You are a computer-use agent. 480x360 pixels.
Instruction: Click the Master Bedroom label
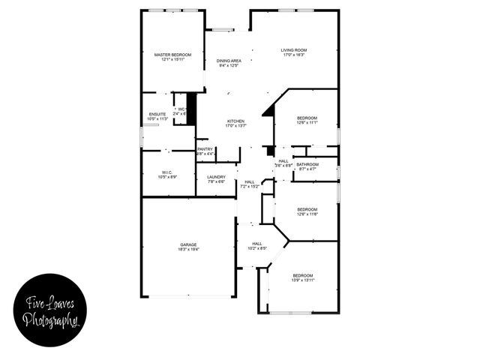tap(172, 55)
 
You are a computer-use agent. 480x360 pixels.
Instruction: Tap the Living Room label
tap(294, 50)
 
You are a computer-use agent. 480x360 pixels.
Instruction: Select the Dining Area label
tap(229, 60)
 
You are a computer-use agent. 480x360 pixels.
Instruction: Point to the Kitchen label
tap(236, 121)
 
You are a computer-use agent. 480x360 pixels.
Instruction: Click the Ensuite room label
tap(157, 114)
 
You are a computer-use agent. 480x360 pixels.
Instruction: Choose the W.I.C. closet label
tap(167, 172)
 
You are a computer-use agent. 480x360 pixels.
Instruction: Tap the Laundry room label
tap(216, 177)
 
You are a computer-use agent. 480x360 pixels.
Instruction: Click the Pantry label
tap(205, 148)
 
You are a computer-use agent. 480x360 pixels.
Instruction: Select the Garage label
tap(187, 244)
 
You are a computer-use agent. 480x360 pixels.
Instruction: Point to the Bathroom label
tap(307, 164)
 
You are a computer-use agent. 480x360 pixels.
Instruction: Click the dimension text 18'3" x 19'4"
tap(187, 250)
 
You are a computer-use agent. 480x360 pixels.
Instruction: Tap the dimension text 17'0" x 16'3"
tap(294, 55)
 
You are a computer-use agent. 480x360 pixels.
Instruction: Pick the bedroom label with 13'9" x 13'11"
tap(303, 274)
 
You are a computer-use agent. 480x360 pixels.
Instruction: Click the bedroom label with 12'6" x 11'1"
tap(307, 118)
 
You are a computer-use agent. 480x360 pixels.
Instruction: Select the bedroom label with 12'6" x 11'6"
tap(307, 209)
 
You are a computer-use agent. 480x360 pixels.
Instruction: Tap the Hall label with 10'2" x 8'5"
tap(257, 244)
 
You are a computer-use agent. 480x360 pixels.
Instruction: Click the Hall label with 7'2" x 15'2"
tap(249, 181)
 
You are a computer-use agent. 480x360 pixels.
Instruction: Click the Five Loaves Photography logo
tap(50, 310)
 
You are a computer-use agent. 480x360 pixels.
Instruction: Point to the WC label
tap(181, 109)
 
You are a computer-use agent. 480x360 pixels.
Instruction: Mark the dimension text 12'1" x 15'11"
tap(172, 60)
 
